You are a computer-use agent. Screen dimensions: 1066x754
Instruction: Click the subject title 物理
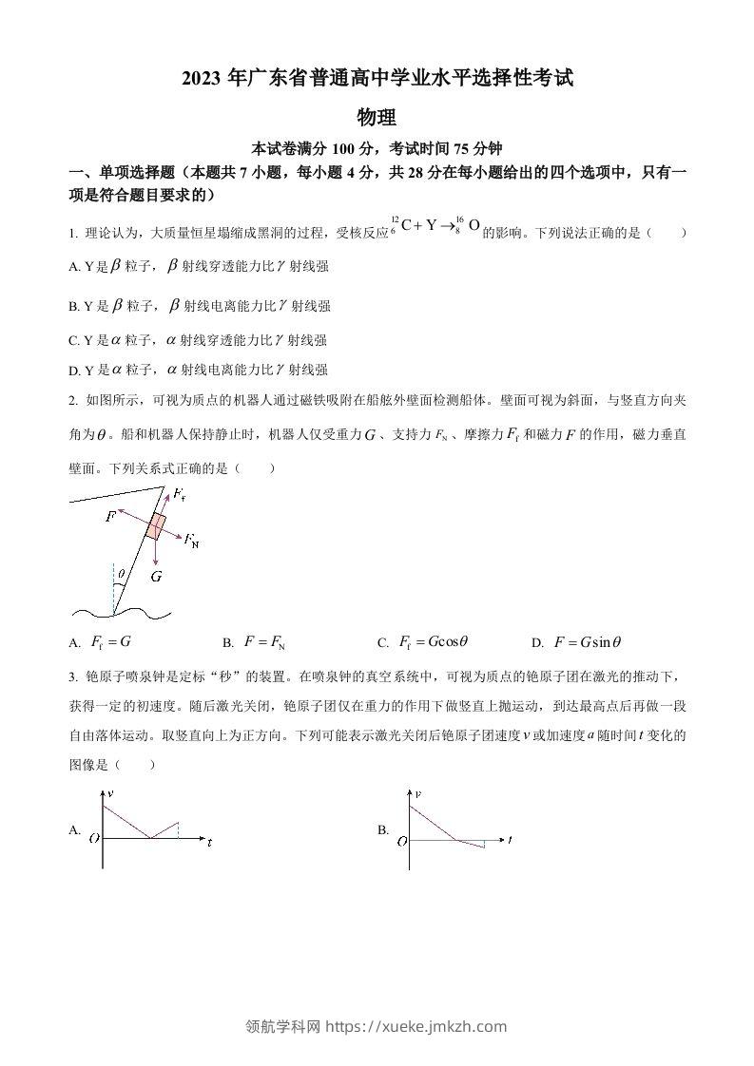click(x=376, y=118)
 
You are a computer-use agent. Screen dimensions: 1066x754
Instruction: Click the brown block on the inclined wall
click(x=155, y=526)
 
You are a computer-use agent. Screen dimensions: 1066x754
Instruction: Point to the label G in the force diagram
click(x=156, y=576)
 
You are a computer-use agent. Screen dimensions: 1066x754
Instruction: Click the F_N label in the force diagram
click(x=192, y=542)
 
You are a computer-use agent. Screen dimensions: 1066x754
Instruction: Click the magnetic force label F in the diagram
click(x=110, y=516)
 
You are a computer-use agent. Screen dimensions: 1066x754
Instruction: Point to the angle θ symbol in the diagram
click(x=121, y=573)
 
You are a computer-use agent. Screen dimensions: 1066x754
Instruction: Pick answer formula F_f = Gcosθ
click(x=433, y=642)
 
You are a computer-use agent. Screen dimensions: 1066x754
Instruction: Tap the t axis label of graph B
click(x=510, y=840)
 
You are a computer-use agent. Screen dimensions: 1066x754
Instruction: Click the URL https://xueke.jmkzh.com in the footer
click(x=416, y=1026)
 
